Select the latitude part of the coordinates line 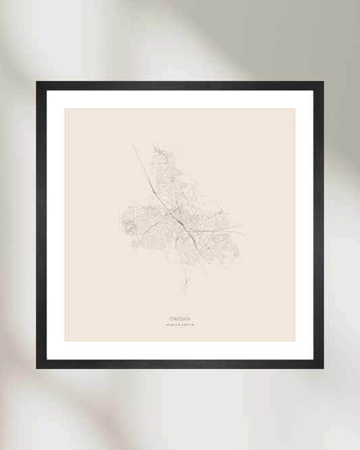tap(172, 326)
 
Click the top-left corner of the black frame tap(37, 82)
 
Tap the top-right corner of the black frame tap(323, 82)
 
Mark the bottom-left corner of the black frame tap(37, 368)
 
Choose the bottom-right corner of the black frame tap(323, 368)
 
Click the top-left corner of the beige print tap(66, 109)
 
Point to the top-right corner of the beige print tap(295, 109)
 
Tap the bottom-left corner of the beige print tap(66, 341)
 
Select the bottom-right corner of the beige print tap(295, 341)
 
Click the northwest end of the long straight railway tap(133, 144)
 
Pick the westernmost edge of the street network tap(120, 220)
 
